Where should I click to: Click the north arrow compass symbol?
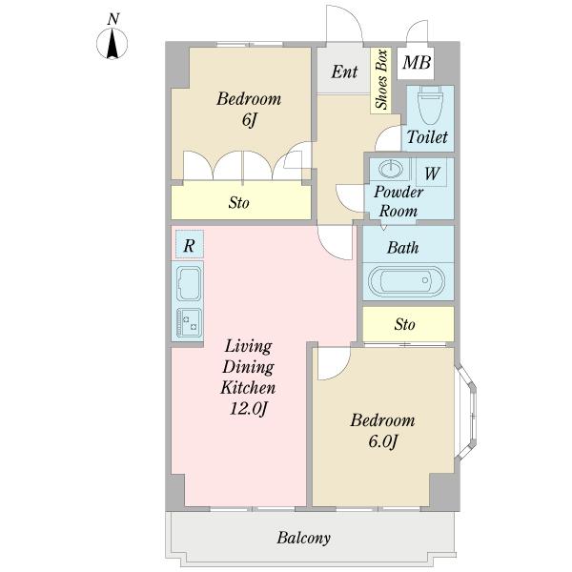pos(112,44)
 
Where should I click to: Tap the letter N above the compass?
pos(113,19)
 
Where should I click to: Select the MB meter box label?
pos(417,62)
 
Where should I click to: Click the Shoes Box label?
pos(381,79)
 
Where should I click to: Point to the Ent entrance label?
pos(344,71)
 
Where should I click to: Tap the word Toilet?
pos(427,137)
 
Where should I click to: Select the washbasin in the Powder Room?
pos(390,169)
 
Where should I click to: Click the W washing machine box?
pos(432,173)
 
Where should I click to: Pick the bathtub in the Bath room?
pos(406,281)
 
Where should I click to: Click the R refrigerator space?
pos(189,244)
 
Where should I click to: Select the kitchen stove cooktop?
pos(189,323)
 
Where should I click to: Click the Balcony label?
pos(303,538)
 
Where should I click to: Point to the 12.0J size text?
pos(249,408)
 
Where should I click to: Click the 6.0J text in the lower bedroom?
pos(382,441)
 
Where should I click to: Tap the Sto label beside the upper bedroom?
pos(239,202)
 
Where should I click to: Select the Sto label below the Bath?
pos(404,324)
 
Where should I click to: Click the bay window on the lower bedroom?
pos(466,412)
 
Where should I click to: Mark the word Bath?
pos(402,248)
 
